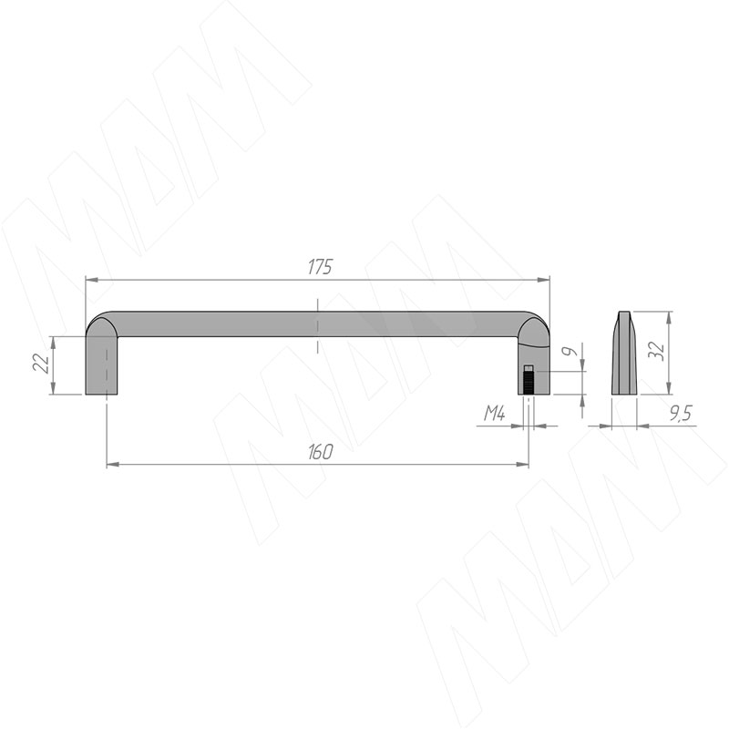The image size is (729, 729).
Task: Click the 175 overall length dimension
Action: coord(321,267)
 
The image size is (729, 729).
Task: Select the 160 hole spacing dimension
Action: coord(321,452)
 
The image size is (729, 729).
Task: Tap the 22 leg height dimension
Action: coord(41,363)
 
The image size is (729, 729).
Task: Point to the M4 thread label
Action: coord(494,413)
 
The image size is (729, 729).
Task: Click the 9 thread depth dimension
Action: coord(569,352)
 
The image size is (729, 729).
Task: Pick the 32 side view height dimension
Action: coord(656,350)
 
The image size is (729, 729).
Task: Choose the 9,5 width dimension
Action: coord(681,413)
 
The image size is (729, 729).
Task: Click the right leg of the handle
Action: coord(534,367)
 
